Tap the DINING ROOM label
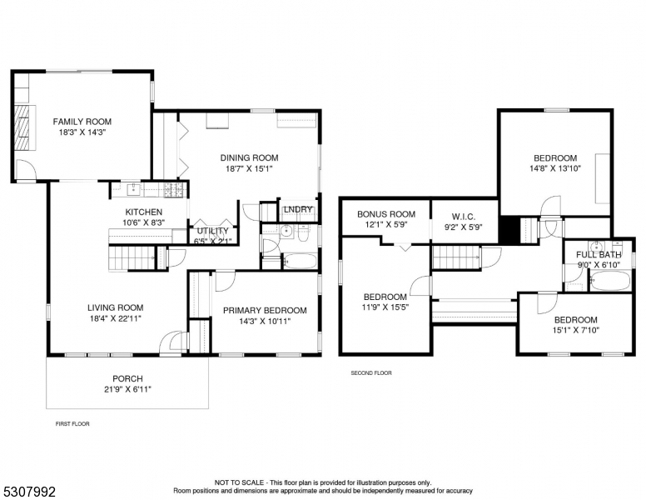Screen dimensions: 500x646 [x=249, y=157]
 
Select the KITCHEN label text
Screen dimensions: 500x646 [x=143, y=212]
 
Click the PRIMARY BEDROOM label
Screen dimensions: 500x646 [x=265, y=310]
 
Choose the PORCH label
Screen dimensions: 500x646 [x=127, y=378]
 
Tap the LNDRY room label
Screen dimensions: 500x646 [x=298, y=209]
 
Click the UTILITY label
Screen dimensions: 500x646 [x=212, y=231]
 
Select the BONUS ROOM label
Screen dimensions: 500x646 [x=385, y=214]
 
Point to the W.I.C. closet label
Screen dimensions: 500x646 [x=464, y=217]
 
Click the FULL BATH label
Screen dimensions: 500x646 [x=599, y=255]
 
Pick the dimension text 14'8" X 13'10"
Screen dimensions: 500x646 [x=554, y=168]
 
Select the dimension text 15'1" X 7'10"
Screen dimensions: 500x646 [x=575, y=330]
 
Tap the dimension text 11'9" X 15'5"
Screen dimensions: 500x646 [x=385, y=307]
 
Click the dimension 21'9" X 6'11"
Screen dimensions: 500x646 [x=127, y=389]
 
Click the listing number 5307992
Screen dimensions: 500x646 [x=29, y=492]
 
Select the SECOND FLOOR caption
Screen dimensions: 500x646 [x=371, y=373]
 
